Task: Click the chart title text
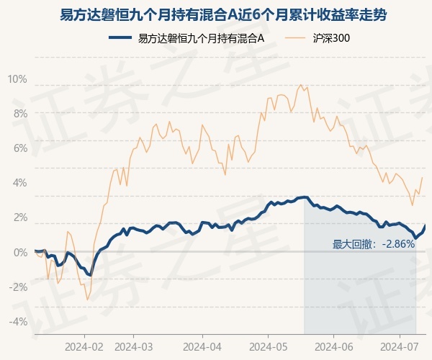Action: tap(223, 15)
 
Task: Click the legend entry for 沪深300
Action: tap(317, 38)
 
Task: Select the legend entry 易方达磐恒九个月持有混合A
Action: tap(186, 38)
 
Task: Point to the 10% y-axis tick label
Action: tap(17, 79)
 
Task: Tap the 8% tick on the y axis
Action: tap(20, 114)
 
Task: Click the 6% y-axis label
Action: tap(20, 148)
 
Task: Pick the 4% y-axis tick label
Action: tap(20, 183)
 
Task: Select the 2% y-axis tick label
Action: tap(20, 217)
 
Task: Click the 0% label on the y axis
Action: tap(20, 252)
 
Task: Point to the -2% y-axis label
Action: tap(18, 287)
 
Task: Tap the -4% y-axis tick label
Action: tap(18, 321)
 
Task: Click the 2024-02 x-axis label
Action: tap(84, 346)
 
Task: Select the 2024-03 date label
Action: tap(134, 346)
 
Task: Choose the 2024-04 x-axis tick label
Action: tap(202, 346)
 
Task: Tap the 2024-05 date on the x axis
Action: tap(269, 346)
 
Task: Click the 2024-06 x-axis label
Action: tap(334, 346)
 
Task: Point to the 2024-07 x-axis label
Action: tap(400, 346)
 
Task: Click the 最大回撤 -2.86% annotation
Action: tap(373, 244)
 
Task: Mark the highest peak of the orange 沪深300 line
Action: tap(300, 84)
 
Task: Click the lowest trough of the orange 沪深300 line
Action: tap(88, 300)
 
